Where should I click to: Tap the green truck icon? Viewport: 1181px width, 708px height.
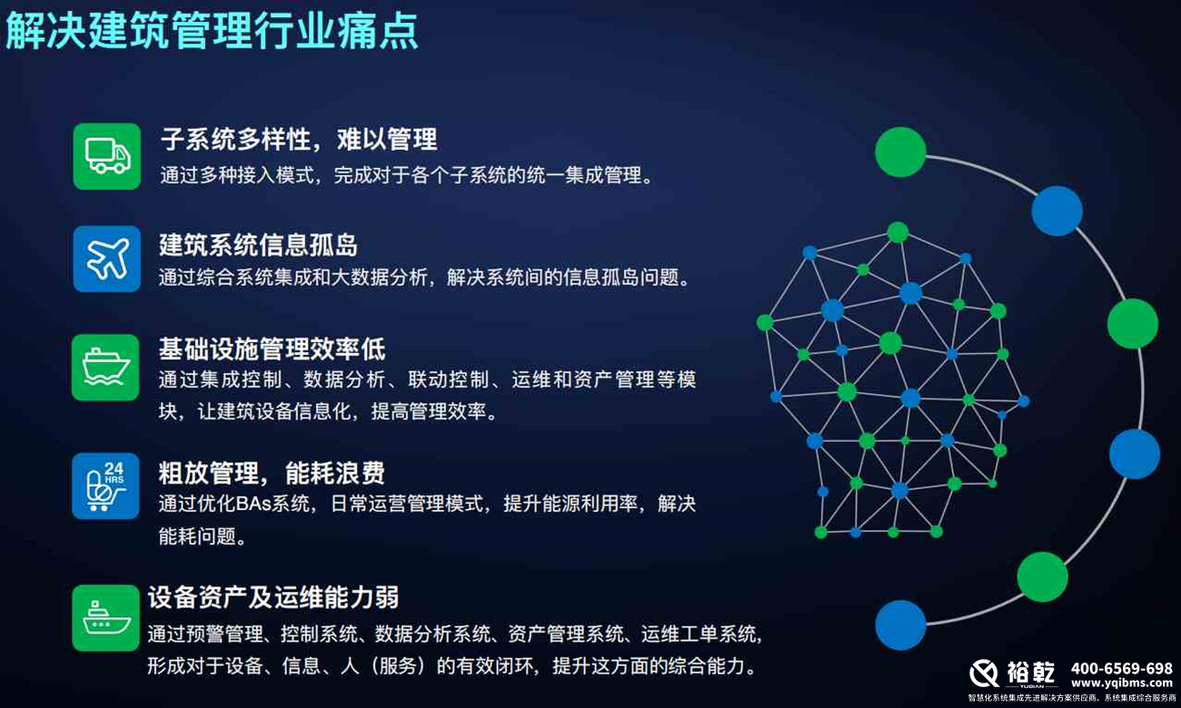coord(107,156)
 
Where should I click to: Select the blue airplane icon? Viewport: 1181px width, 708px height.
coord(107,259)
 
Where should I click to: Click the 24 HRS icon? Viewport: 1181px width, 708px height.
coord(106,486)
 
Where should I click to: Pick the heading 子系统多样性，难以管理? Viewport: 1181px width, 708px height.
coord(298,139)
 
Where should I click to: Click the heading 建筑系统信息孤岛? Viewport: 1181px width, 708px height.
coord(258,244)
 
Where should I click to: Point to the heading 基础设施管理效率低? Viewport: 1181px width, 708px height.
coord(272,348)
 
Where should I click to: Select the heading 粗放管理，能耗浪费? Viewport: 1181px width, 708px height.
coord(272,472)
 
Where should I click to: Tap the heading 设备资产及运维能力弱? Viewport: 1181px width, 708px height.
coord(273,596)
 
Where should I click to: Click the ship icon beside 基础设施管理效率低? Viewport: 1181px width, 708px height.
coord(106,367)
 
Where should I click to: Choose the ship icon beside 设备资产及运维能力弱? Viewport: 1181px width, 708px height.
coord(106,617)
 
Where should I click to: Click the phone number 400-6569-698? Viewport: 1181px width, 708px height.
coord(1121,667)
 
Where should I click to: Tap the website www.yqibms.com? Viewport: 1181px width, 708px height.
coord(1121,683)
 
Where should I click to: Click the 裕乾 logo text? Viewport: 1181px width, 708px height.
coord(1031,672)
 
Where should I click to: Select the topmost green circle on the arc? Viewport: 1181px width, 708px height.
coord(900,152)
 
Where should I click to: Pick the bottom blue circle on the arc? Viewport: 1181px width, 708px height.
coord(900,625)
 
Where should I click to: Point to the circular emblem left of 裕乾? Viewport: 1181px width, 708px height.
coord(984,673)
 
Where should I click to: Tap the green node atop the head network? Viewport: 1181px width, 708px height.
coord(898,232)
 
